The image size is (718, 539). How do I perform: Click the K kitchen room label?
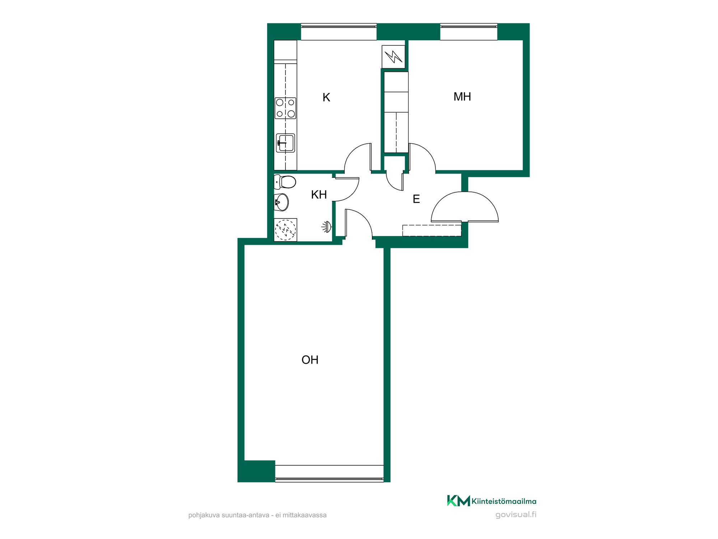pos(326,97)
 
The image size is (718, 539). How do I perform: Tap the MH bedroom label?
pos(462,97)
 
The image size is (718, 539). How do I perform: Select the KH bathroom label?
pos(319,195)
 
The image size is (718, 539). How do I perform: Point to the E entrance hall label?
pos(416,199)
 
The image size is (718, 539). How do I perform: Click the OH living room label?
pos(310,360)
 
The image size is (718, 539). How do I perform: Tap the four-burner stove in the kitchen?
pos(285,108)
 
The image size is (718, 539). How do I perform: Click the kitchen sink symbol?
pos(285,143)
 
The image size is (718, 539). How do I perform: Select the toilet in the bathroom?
pos(285,182)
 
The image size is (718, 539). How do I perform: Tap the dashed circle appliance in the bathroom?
pos(285,230)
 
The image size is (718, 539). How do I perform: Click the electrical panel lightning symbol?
pos(393,56)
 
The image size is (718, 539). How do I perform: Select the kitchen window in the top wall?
pos(339,32)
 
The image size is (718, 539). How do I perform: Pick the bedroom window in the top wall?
pos(468,32)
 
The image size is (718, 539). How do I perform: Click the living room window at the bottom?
pos(329,474)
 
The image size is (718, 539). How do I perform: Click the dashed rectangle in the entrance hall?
pos(432,231)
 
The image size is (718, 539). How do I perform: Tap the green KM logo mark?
pos(458,501)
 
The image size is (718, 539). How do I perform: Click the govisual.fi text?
pos(516,515)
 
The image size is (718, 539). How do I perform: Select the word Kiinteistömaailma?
pos(504,501)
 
